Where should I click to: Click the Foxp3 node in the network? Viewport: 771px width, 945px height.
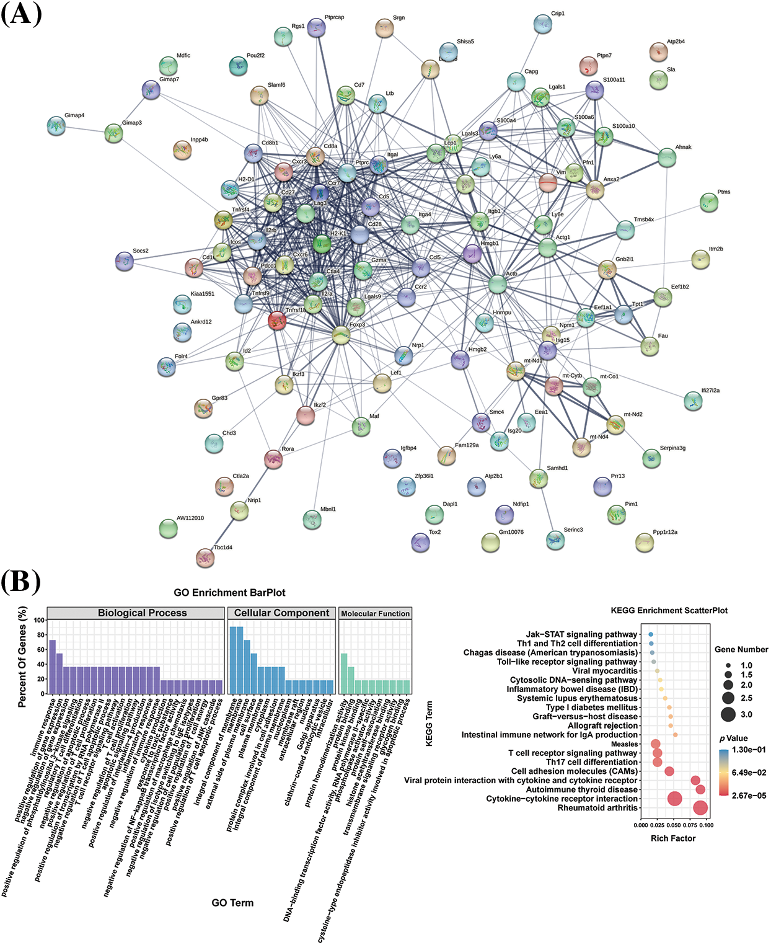[x=341, y=335]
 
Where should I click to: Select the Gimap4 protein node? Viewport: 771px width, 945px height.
[x=56, y=126]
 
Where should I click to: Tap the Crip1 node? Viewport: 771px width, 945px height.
[x=542, y=24]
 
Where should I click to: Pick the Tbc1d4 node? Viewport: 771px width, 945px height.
[x=205, y=557]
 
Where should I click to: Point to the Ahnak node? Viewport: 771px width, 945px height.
[x=667, y=158]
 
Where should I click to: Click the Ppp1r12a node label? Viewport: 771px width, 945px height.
[x=665, y=532]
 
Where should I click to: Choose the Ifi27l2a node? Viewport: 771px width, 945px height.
[x=693, y=401]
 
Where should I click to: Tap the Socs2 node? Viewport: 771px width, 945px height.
[x=125, y=261]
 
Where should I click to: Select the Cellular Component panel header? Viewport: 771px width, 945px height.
[x=282, y=613]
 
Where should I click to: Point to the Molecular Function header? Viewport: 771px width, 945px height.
[x=376, y=613]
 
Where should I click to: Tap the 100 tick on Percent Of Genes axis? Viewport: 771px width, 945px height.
[x=40, y=620]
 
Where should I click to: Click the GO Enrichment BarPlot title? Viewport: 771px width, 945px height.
[x=229, y=593]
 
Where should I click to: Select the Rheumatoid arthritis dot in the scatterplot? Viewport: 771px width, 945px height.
[x=700, y=808]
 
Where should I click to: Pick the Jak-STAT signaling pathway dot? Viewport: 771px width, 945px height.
[x=651, y=634]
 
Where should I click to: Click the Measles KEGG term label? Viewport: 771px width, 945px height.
[x=624, y=744]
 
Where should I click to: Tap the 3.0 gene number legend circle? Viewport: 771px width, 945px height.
[x=728, y=714]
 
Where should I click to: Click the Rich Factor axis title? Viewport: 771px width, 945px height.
[x=672, y=838]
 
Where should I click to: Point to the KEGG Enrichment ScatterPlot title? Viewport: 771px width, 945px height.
[x=669, y=610]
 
